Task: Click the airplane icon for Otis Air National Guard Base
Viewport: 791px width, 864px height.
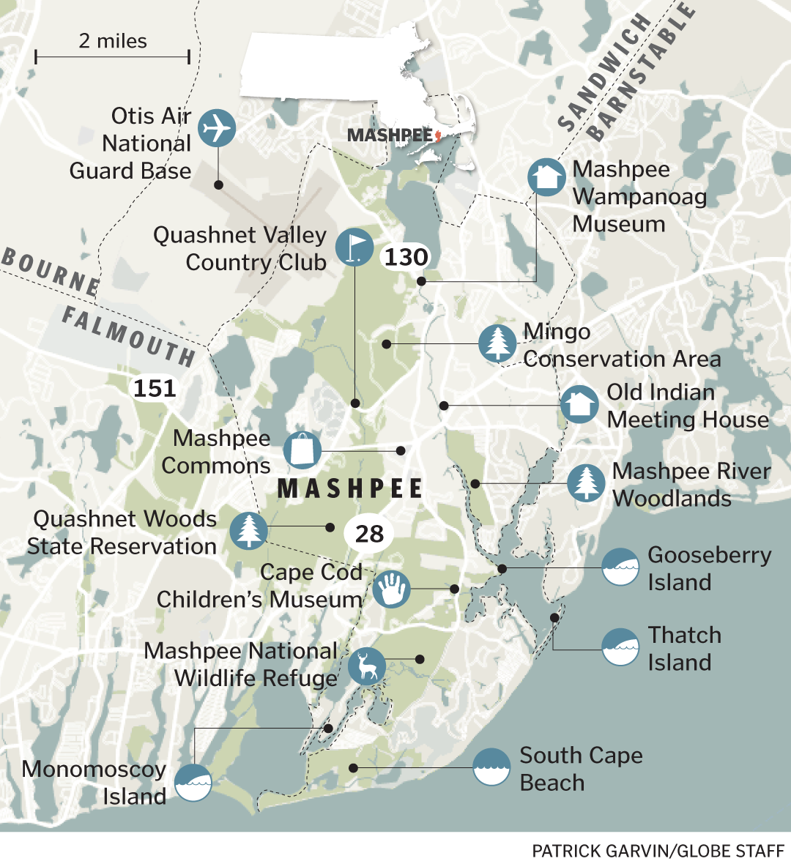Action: pos(217,129)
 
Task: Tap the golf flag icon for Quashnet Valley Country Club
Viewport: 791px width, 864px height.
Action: pos(354,247)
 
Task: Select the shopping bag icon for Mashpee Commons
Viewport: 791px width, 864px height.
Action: pos(302,450)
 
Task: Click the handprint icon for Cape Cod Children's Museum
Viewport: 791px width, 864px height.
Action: pos(391,589)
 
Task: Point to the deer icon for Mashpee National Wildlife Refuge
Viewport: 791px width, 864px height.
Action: pos(367,666)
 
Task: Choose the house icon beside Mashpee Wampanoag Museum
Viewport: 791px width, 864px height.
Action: pos(546,177)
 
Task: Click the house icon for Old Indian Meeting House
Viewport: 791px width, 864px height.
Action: pos(579,405)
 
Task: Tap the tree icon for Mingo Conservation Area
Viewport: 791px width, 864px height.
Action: pos(497,343)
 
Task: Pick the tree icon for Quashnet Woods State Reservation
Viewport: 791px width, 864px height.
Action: pos(248,530)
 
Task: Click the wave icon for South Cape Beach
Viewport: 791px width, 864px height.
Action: pos(491,767)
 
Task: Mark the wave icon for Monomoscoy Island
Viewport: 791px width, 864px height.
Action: pos(193,782)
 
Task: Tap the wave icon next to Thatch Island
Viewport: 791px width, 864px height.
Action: pos(620,647)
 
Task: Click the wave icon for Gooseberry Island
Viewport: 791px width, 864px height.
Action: pos(620,567)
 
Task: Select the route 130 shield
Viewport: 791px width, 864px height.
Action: pos(406,258)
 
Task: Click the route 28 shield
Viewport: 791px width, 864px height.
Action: pos(369,534)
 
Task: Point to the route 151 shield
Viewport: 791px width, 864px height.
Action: pos(155,388)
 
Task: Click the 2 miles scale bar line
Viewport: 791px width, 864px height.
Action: pos(112,57)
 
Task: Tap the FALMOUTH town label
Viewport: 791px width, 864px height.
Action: pos(129,336)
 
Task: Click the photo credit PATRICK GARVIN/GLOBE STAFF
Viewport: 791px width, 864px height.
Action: pos(658,850)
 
